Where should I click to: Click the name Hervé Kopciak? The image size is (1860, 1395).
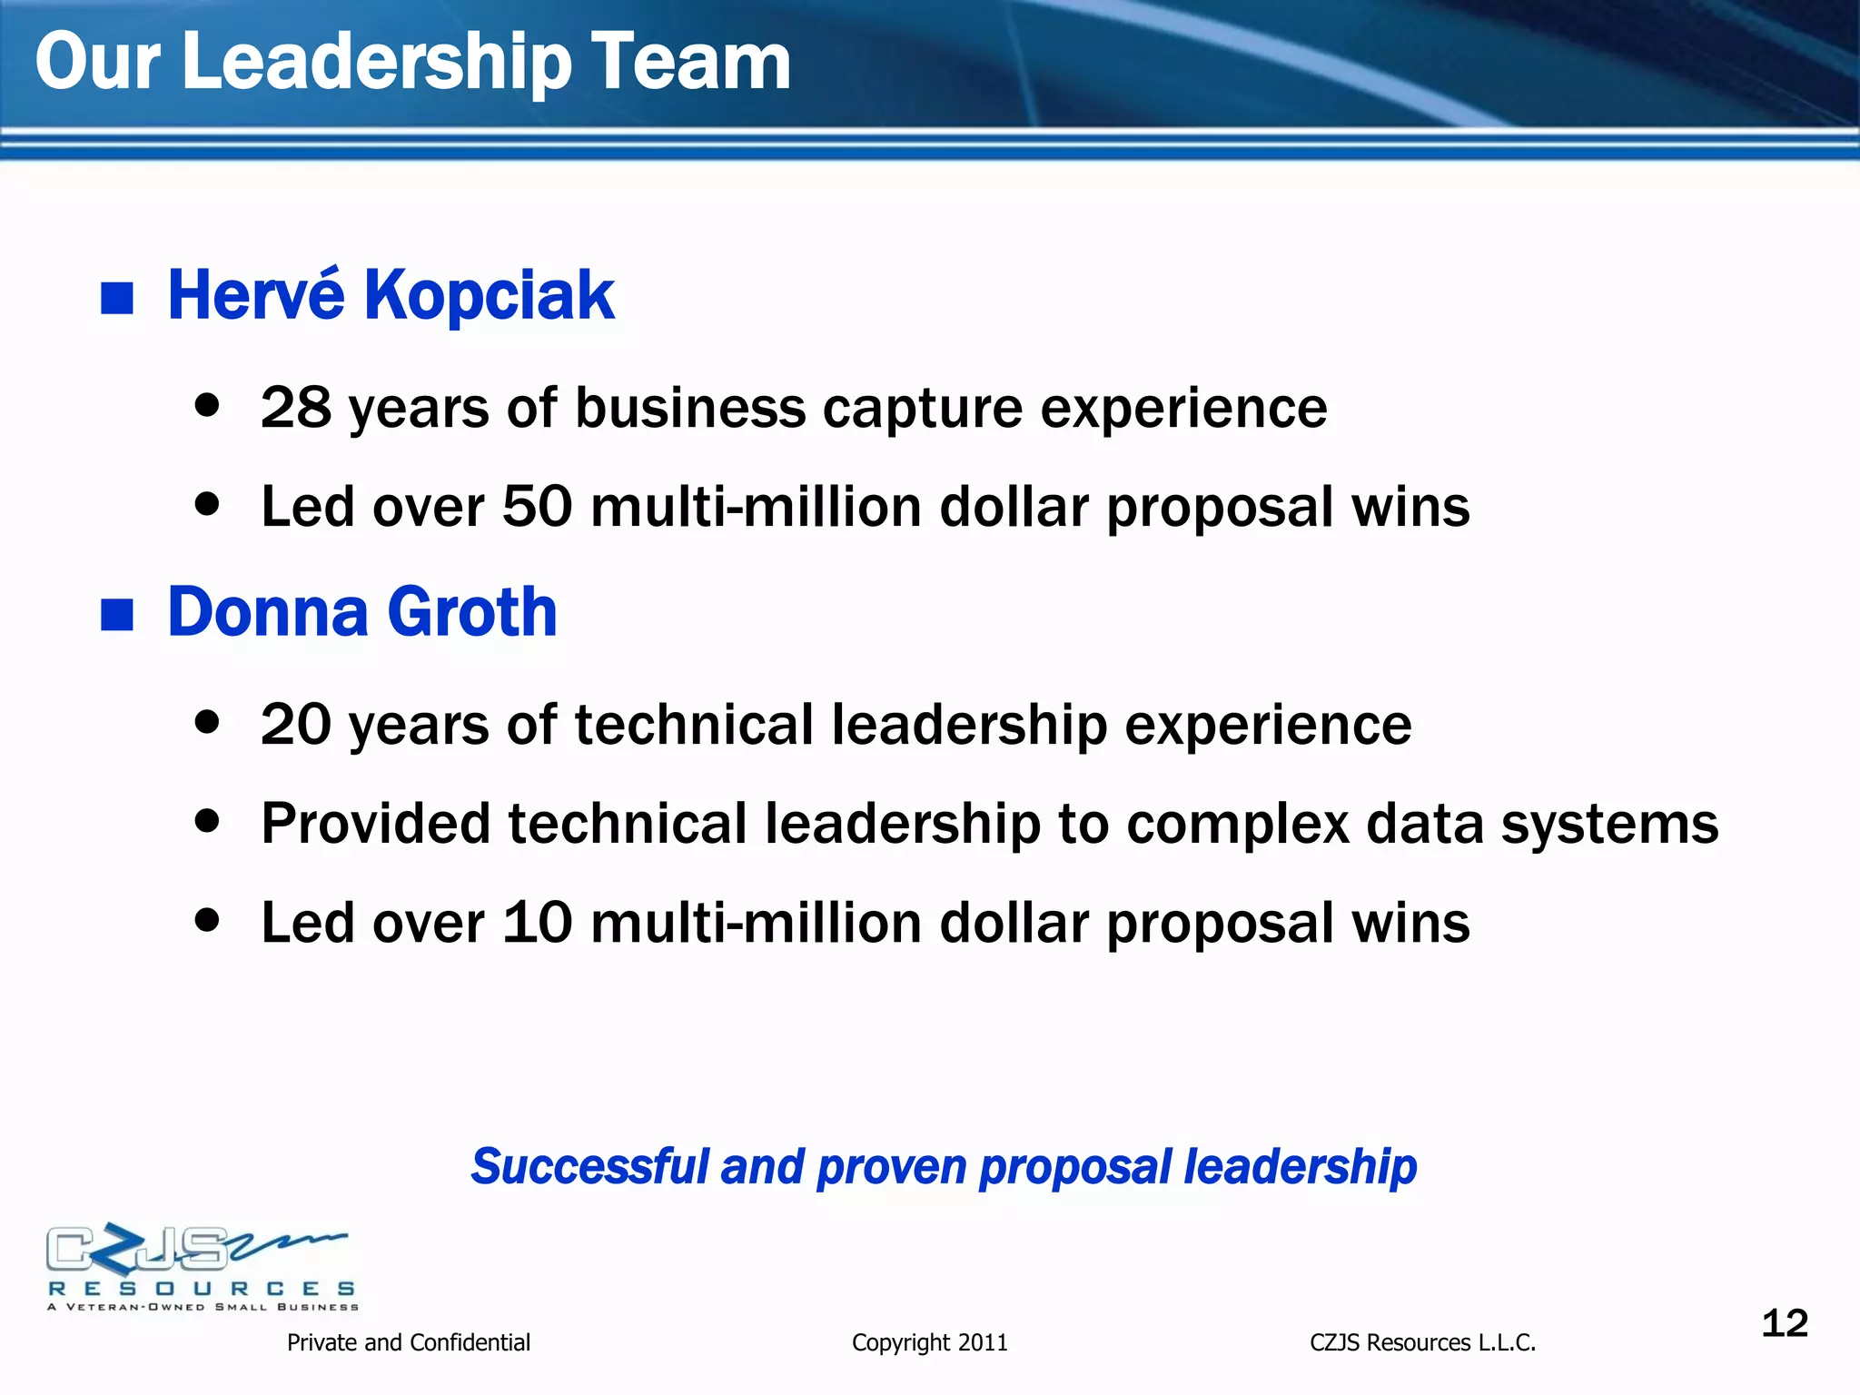(391, 295)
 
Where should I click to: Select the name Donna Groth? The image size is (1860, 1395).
(362, 612)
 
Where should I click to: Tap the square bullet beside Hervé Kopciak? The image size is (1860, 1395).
(117, 298)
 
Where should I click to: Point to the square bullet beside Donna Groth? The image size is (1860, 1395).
(117, 615)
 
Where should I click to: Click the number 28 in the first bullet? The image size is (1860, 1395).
(296, 407)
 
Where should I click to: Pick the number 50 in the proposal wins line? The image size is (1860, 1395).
(537, 506)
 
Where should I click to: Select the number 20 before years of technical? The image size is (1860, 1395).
(296, 724)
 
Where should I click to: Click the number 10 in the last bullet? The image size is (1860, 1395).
(537, 923)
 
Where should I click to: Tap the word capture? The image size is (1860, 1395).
(922, 409)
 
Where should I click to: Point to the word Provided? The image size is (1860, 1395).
(375, 823)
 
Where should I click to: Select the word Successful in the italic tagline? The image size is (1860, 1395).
(589, 1166)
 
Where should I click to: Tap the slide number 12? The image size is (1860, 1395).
(1785, 1323)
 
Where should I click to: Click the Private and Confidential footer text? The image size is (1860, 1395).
(408, 1342)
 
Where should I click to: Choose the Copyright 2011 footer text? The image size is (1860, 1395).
(929, 1342)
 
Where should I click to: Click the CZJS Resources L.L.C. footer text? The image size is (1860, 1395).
(1422, 1342)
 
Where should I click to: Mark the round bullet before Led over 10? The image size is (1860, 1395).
(208, 920)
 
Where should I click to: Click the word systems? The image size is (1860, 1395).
(1609, 825)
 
